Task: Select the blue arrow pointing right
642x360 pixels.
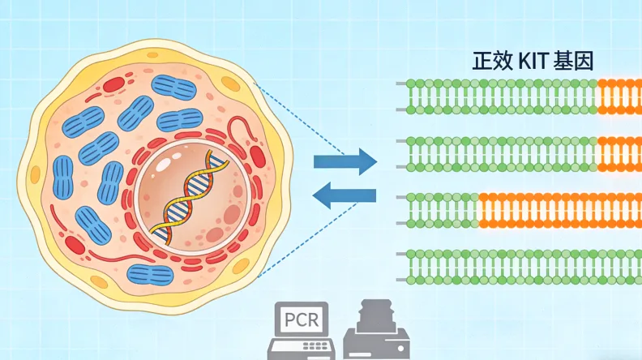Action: click(x=345, y=161)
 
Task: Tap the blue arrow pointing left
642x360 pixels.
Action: click(x=344, y=195)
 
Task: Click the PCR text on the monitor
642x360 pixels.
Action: click(x=302, y=322)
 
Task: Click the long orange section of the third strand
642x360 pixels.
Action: click(x=559, y=210)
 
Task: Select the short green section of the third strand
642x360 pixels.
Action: click(x=442, y=210)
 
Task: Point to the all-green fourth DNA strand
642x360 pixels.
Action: click(x=523, y=266)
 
